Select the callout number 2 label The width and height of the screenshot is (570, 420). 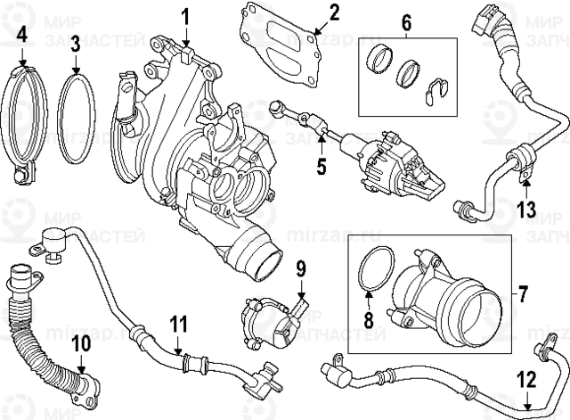point(334,12)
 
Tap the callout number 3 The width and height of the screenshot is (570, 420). point(76,43)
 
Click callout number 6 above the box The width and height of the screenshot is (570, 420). point(406,23)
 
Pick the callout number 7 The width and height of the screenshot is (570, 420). point(523,292)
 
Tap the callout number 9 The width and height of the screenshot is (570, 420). point(300,267)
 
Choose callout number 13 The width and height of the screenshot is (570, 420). point(526,210)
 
